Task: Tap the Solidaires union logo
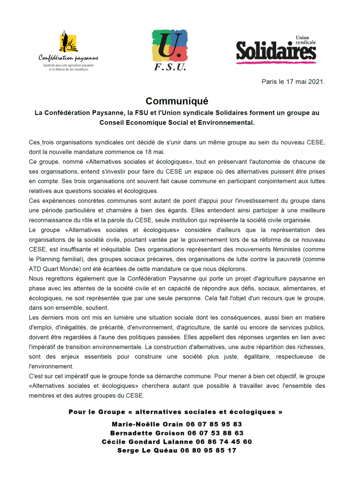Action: tap(276, 49)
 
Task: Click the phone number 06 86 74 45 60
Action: tap(224, 441)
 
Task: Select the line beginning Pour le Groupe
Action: tap(175, 412)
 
